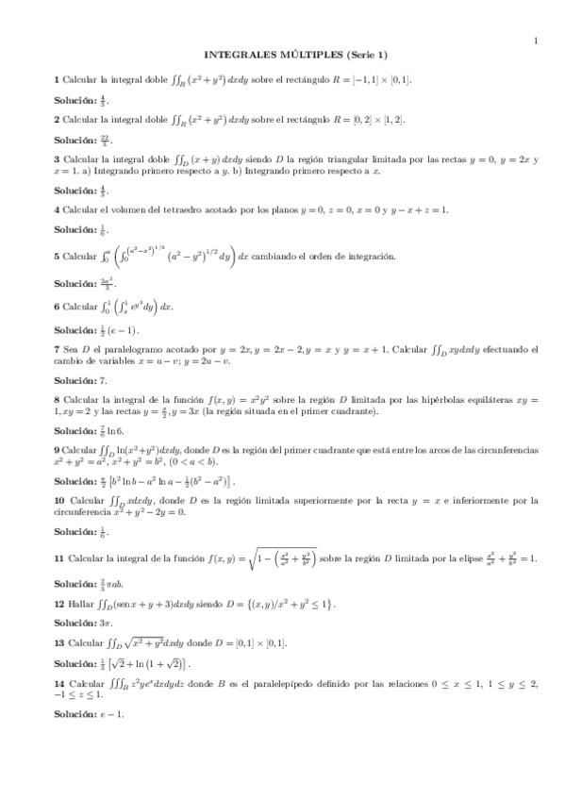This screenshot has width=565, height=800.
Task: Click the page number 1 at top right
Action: pos(535,40)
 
